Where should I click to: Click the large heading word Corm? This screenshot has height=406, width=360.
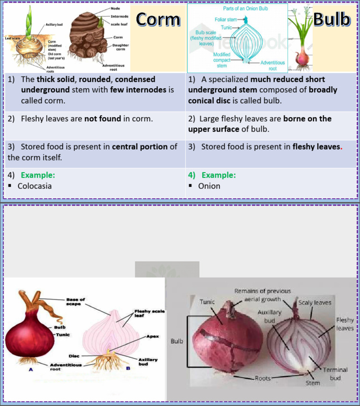158,20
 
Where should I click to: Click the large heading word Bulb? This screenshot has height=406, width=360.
331,19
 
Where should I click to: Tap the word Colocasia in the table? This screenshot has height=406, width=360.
35,186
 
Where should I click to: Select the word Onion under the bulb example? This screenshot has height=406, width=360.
209,186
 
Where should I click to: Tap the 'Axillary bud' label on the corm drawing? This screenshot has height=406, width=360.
55,24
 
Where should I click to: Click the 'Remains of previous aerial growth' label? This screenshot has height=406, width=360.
262,295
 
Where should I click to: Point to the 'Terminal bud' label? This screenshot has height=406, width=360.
335,373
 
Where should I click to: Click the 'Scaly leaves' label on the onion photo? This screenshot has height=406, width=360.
315,303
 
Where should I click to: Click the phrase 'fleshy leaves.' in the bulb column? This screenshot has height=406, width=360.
315,147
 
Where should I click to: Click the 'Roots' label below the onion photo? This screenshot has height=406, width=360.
262,378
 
